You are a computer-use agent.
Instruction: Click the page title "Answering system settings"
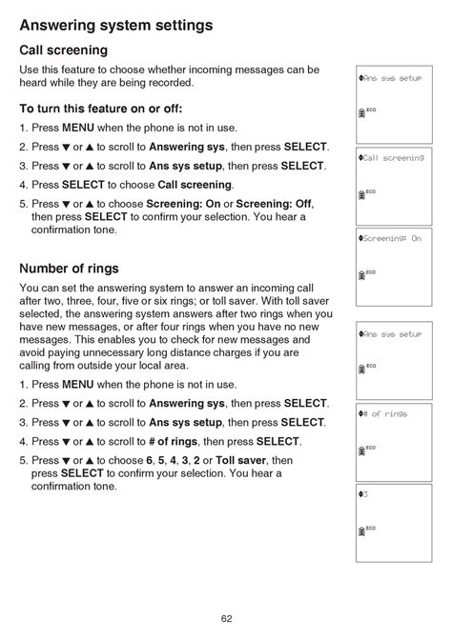click(x=115, y=25)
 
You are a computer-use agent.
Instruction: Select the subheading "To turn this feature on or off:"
click(x=100, y=108)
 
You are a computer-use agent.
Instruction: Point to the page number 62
click(x=226, y=618)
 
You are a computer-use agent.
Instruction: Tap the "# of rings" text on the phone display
click(x=387, y=413)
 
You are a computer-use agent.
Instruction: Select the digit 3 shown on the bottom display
click(x=365, y=494)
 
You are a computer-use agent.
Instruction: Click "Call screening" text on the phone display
click(x=393, y=158)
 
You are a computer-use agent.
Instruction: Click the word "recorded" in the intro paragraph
click(x=171, y=83)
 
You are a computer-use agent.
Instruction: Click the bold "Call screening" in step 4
click(x=195, y=185)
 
